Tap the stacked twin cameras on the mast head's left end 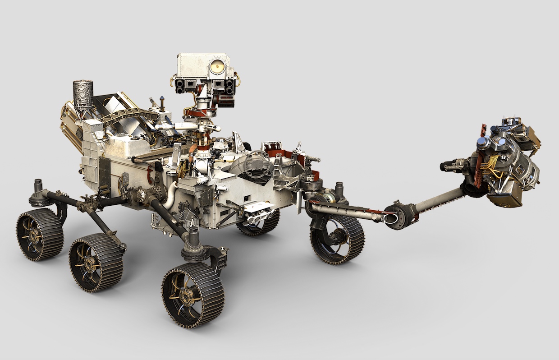coord(180,86)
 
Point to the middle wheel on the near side coord(95,263)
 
